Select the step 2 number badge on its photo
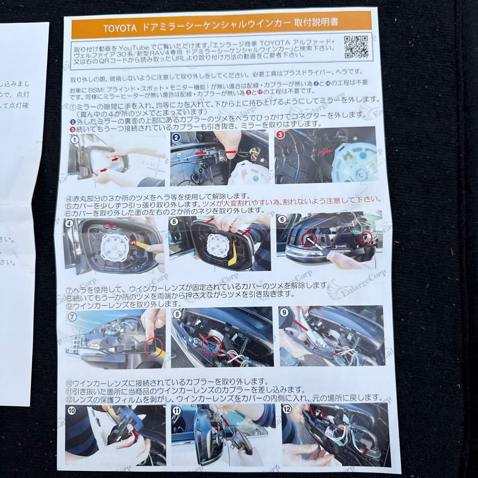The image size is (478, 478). pyautogui.click(x=176, y=137)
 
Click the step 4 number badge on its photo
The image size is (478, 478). pyautogui.click(x=70, y=223)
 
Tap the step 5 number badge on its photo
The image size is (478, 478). pyautogui.click(x=175, y=222)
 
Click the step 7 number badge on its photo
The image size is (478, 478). pyautogui.click(x=72, y=316)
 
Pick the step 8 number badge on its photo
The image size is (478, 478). pyautogui.click(x=178, y=315)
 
